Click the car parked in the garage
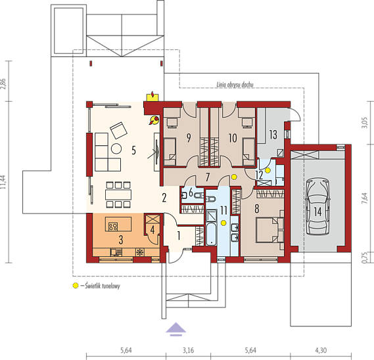pos(318,207)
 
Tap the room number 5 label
pos(134,150)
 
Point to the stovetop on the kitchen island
pos(113,227)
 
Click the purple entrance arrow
pos(176,329)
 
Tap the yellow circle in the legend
pos(76,285)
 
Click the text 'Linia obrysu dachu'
pos(235,84)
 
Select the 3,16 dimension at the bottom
pos(188,350)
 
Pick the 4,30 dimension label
pos(321,350)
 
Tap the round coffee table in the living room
pos(116,148)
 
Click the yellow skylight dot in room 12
pos(268,170)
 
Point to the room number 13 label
pos(273,135)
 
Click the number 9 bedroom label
pos(189,138)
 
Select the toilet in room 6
pos(199,196)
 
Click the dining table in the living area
pos(118,194)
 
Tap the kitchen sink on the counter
pos(116,252)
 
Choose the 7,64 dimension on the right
pos(364,198)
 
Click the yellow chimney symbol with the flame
pos(152,97)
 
